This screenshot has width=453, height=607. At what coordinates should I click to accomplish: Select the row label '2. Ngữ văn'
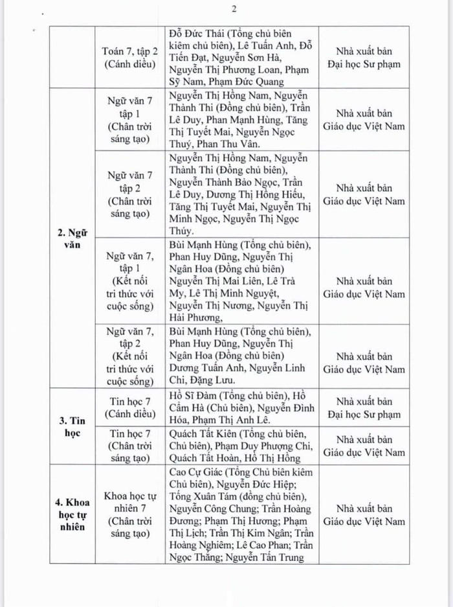click(71, 236)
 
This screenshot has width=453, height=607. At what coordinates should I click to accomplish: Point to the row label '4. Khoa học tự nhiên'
click(71, 514)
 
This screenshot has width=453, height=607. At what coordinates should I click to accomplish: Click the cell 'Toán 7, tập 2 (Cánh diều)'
click(129, 56)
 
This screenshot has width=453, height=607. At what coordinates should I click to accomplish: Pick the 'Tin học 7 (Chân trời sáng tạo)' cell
click(129, 444)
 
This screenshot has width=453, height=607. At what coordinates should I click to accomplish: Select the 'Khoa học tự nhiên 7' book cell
click(129, 514)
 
